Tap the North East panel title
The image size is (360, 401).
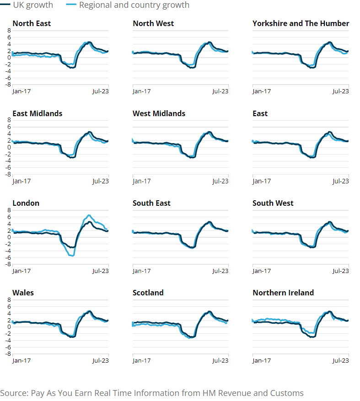(32, 23)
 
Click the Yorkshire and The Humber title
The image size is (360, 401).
(301, 23)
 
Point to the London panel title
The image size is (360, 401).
(26, 203)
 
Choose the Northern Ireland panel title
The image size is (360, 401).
(283, 293)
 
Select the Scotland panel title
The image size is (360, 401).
(148, 293)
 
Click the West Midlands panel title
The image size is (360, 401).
(159, 113)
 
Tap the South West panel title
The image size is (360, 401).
(273, 203)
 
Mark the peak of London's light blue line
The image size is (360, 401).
(89, 215)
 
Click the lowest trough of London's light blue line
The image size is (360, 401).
(71, 255)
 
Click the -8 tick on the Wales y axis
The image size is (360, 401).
(8, 354)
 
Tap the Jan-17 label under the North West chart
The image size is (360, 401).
(141, 91)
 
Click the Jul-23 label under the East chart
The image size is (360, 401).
(340, 181)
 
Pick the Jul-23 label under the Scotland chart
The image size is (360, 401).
(220, 360)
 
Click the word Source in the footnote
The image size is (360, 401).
(14, 393)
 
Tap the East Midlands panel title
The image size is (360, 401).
(38, 113)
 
